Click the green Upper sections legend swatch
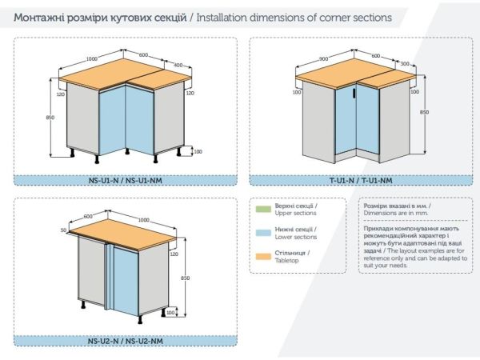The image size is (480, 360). (263, 209)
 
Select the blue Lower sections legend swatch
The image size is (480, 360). (263, 233)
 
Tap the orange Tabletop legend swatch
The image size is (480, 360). (263, 257)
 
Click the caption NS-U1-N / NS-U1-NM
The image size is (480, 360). (126, 180)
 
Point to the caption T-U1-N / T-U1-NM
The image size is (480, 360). (361, 180)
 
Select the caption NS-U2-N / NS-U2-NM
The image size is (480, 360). (126, 341)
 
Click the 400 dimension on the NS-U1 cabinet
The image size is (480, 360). (178, 66)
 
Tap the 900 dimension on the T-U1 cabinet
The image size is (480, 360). (323, 58)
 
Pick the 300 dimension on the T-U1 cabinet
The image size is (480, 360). (405, 64)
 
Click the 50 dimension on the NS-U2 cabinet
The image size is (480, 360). (63, 230)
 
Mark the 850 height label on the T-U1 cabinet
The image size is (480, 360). (424, 112)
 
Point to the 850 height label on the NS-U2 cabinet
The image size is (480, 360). (186, 278)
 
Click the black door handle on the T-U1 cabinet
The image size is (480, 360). (354, 94)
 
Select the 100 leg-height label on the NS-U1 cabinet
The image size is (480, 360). (198, 151)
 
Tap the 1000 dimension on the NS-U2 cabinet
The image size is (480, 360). (143, 220)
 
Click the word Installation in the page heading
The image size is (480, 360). (222, 18)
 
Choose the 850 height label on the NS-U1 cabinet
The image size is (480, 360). (50, 118)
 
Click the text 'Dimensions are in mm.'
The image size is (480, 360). (396, 213)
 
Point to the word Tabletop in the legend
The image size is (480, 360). (286, 261)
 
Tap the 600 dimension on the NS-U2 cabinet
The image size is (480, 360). (88, 217)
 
